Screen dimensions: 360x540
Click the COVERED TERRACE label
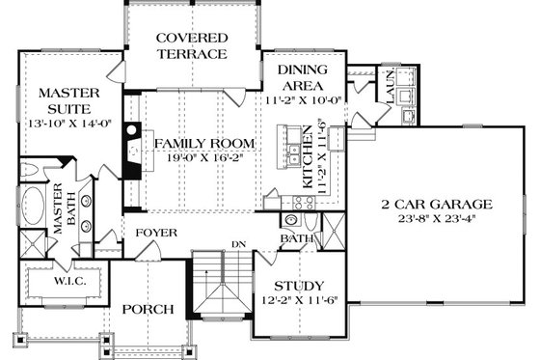[x=191, y=44]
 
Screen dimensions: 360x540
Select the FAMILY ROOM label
[x=204, y=144]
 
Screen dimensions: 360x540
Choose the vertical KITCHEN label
[x=308, y=154]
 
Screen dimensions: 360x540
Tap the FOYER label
[x=155, y=233]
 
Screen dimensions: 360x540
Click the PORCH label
[x=148, y=310]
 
